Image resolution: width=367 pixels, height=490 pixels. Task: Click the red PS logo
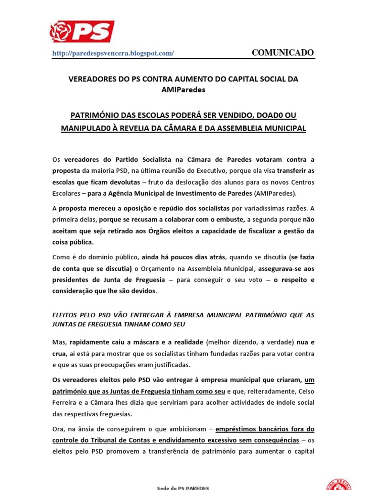[82, 31]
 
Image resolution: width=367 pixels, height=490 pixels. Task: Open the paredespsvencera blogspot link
[113, 54]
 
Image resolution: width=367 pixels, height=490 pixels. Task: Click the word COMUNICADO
[283, 53]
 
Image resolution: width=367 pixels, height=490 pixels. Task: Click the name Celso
[304, 390]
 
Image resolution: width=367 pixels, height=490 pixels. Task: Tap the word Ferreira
[65, 402]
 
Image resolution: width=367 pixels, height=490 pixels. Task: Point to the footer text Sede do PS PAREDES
[183, 488]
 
